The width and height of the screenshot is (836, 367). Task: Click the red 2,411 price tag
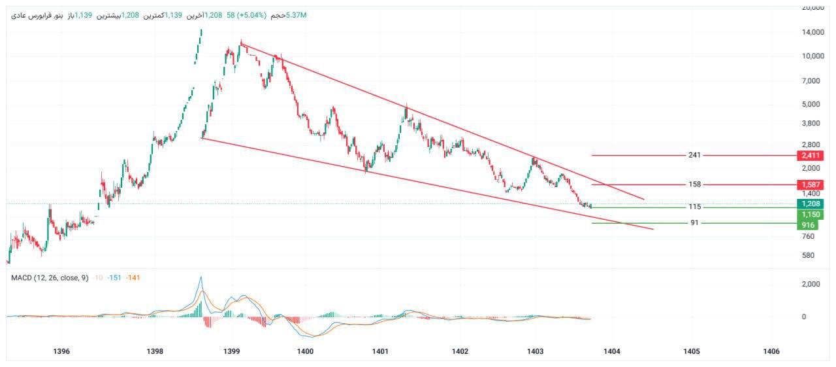(x=809, y=156)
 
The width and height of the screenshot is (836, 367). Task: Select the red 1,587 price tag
(x=809, y=184)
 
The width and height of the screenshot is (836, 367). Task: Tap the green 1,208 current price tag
(x=809, y=203)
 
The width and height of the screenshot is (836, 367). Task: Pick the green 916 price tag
(x=809, y=224)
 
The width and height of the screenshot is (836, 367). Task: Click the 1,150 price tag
(x=809, y=214)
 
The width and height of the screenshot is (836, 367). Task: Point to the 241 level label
(x=694, y=156)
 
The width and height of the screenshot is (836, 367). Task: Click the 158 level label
(x=694, y=184)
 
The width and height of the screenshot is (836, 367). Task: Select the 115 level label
(x=694, y=207)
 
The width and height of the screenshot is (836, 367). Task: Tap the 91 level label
(x=694, y=223)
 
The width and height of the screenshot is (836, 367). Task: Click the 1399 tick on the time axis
(x=232, y=351)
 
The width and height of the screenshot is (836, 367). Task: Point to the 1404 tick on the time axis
(x=612, y=351)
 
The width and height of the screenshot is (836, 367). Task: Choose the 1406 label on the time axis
(x=771, y=351)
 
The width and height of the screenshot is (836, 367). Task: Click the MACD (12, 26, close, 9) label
(x=50, y=277)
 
